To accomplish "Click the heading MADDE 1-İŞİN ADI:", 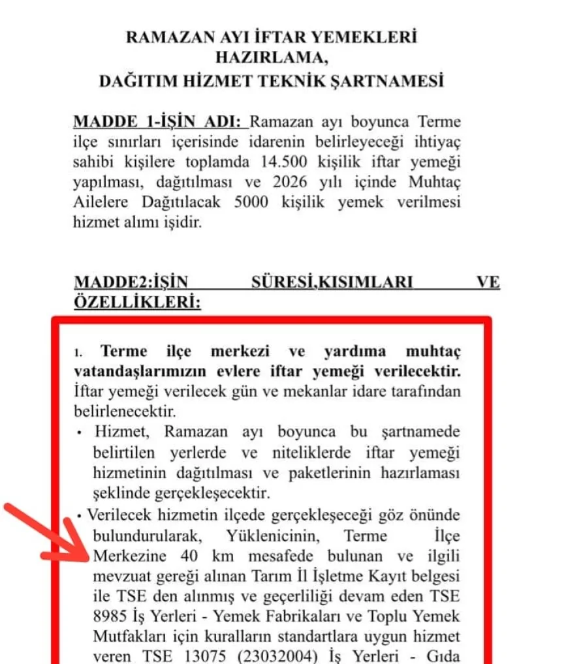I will (159, 122).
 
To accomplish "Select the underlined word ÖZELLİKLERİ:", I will (136, 303).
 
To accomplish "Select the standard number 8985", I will (91, 616).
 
